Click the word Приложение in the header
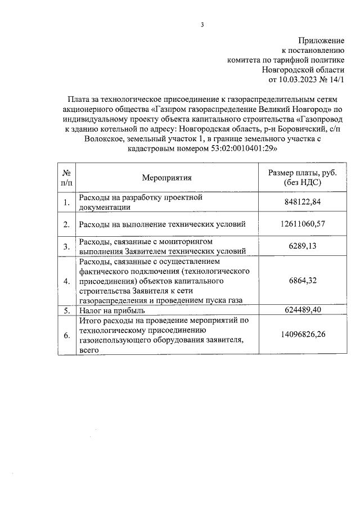(321, 40)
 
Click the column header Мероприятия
(166, 178)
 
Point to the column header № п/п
(66, 178)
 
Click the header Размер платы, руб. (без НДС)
(303, 178)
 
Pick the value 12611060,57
(303, 224)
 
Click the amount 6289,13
(303, 246)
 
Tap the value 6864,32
(303, 281)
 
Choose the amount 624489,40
(303, 310)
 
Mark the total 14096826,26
(303, 335)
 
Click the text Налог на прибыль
(112, 310)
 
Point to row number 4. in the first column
(66, 281)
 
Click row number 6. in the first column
(66, 335)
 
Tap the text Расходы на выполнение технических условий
(163, 224)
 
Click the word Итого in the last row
(90, 320)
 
